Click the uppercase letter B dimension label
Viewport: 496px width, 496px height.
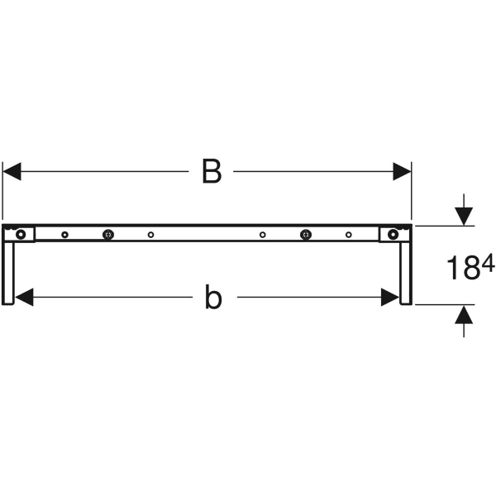[x=212, y=172]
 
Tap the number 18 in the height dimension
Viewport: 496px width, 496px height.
[x=460, y=269]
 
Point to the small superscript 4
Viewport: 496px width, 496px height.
[x=488, y=263]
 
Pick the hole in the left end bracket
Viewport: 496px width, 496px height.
[x=21, y=235]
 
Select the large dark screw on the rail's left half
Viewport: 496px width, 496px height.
[x=107, y=235]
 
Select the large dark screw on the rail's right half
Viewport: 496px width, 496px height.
[x=306, y=235]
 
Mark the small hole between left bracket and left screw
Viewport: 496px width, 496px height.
[x=64, y=235]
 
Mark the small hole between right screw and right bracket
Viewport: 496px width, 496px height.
[x=349, y=235]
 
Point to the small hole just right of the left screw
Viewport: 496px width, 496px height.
[x=150, y=235]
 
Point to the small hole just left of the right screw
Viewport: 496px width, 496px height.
[x=263, y=235]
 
